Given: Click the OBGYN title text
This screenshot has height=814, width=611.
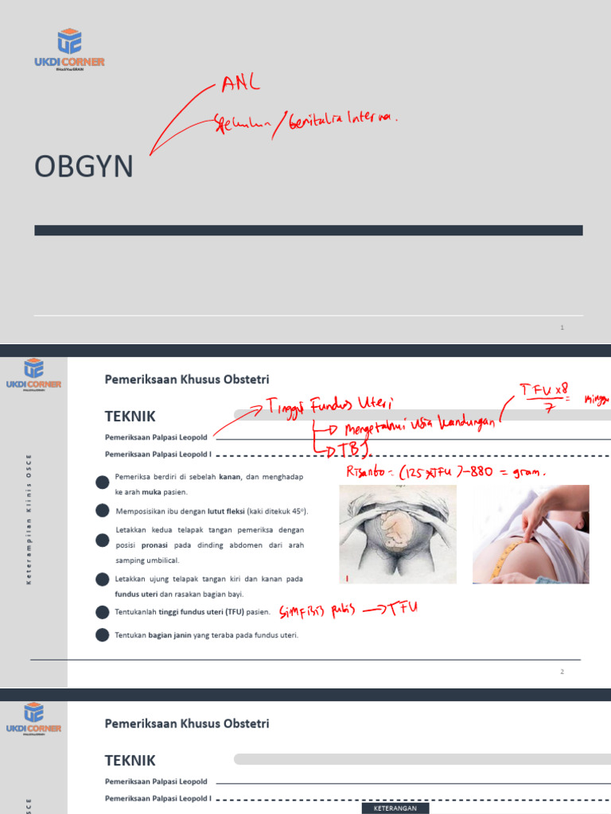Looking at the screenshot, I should pos(84,168).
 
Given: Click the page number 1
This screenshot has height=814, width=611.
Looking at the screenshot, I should pos(562,328).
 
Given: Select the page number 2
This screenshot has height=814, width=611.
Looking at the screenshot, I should pos(562,672).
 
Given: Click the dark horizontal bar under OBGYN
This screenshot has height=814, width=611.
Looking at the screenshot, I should pos(309,231).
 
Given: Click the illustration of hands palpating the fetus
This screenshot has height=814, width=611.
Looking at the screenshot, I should pos(398,534).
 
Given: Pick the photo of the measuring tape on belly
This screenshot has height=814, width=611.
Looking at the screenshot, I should pos(531,534).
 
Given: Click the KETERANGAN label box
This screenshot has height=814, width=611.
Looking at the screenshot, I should pos(395,808).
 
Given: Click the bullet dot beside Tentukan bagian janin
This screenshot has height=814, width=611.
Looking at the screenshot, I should pos(102,634).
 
